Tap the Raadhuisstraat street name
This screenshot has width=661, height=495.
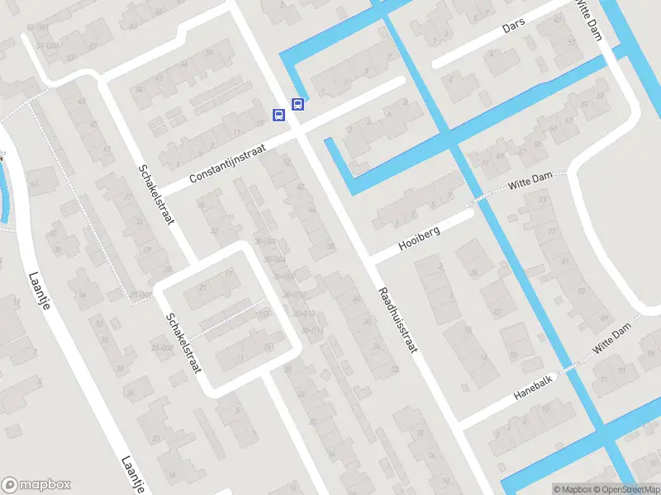click(x=397, y=320)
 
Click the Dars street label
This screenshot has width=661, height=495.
click(x=514, y=28)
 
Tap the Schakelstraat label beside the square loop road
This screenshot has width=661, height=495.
click(x=183, y=342)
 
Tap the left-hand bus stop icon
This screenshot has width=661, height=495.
click(x=280, y=115)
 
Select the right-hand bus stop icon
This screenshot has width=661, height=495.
click(x=297, y=105)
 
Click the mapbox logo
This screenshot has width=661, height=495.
click(x=36, y=485)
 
